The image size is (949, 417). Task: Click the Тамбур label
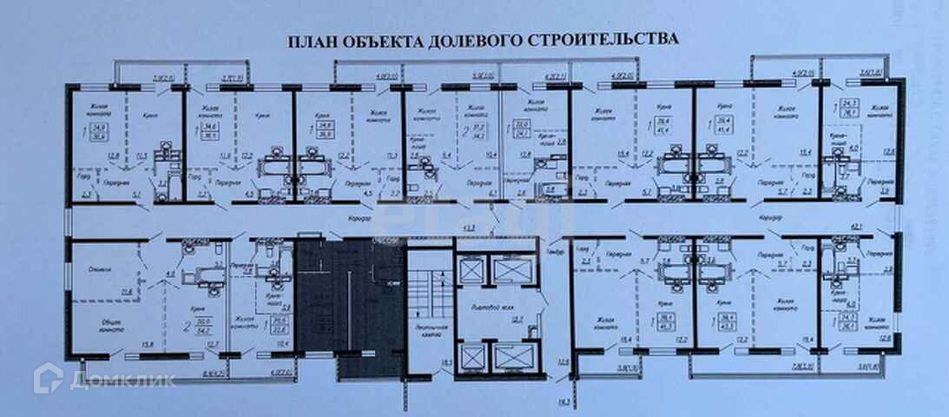point(556,252)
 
